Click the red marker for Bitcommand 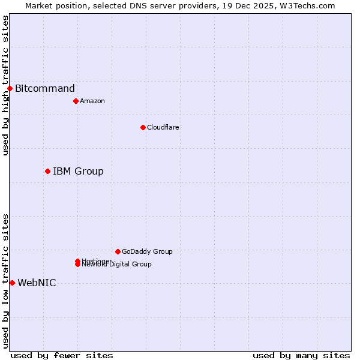point(10,89)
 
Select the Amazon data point point(76,101)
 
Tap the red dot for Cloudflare point(143,127)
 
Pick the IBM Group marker point(47,172)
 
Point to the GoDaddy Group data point point(118,251)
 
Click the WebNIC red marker point(12,283)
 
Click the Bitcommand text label point(45,89)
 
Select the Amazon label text point(92,101)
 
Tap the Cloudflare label point(163,127)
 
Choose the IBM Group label point(78,172)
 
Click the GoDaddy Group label point(147,251)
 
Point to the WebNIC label point(37,283)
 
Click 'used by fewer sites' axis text point(62,355)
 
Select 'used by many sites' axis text point(301,355)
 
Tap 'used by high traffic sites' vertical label point(5,85)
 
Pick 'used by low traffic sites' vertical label point(5,281)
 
